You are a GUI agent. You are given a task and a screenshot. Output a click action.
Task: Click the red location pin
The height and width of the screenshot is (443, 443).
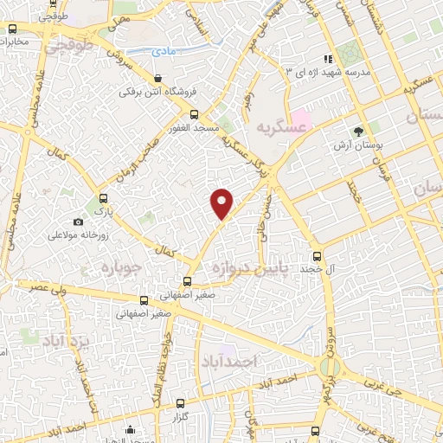pyautogui.click(x=222, y=202)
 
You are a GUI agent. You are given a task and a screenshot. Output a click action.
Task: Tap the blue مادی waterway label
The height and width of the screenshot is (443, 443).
pyautogui.click(x=163, y=52)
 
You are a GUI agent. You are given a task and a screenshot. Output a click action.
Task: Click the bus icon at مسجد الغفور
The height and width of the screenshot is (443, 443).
pyautogui.click(x=196, y=114)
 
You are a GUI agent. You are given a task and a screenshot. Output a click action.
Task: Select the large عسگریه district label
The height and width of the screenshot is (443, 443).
pyautogui.click(x=281, y=127)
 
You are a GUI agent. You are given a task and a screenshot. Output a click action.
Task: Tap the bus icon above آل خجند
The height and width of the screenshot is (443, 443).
pyautogui.click(x=318, y=256)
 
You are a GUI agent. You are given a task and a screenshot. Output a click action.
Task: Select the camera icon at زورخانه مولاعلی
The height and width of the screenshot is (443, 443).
pyautogui.click(x=79, y=221)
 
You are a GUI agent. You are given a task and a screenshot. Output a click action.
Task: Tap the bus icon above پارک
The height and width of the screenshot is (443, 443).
pyautogui.click(x=103, y=198)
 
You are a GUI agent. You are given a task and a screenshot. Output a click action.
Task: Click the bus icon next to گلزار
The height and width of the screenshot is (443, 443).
pyautogui.click(x=180, y=403)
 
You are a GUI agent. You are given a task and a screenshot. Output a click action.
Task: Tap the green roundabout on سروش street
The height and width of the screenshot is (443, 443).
pyautogui.click(x=328, y=366)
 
